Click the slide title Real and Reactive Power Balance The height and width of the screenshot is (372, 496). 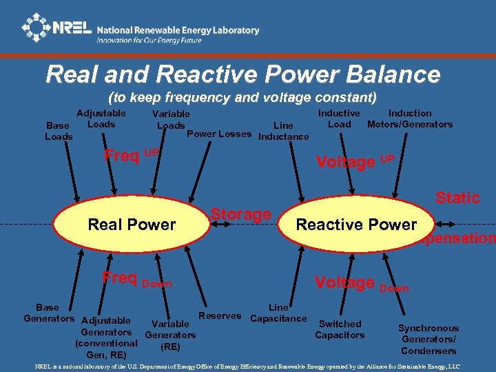click(242, 74)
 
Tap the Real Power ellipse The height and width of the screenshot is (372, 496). click(132, 225)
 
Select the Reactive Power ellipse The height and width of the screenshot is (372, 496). click(355, 225)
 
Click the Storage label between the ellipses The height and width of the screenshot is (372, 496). click(240, 214)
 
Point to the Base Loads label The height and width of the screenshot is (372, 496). click(59, 131)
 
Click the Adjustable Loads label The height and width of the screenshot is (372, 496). click(101, 118)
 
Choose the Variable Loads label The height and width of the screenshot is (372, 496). click(171, 119)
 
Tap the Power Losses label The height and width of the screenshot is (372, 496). click(219, 134)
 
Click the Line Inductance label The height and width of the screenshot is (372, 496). click(283, 131)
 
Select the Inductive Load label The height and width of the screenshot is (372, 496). click(339, 118)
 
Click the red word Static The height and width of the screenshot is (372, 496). click(457, 198)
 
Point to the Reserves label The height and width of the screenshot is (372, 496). click(219, 316)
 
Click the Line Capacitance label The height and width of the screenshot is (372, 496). click(278, 313)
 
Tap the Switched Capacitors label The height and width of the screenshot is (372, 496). click(340, 329)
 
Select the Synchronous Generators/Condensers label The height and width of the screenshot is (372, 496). click(428, 339)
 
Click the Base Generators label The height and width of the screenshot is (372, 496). click(48, 313)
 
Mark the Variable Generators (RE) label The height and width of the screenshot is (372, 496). click(169, 335)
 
